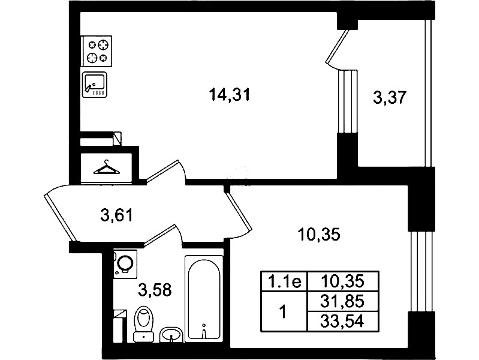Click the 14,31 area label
(x=230, y=94)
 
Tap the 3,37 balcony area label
(x=390, y=98)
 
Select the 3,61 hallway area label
(x=117, y=215)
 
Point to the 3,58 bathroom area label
(x=155, y=290)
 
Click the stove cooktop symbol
(x=97, y=51)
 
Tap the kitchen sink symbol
(x=94, y=85)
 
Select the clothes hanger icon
(x=107, y=167)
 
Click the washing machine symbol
(x=125, y=264)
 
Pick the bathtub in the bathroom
(x=204, y=299)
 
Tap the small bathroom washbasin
(x=171, y=335)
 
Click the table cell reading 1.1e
(x=284, y=281)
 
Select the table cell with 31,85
(x=342, y=301)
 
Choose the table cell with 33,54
(x=342, y=322)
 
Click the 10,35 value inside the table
(x=342, y=281)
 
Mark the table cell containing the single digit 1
(x=284, y=311)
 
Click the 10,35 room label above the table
(x=319, y=235)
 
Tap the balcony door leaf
(x=338, y=46)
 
